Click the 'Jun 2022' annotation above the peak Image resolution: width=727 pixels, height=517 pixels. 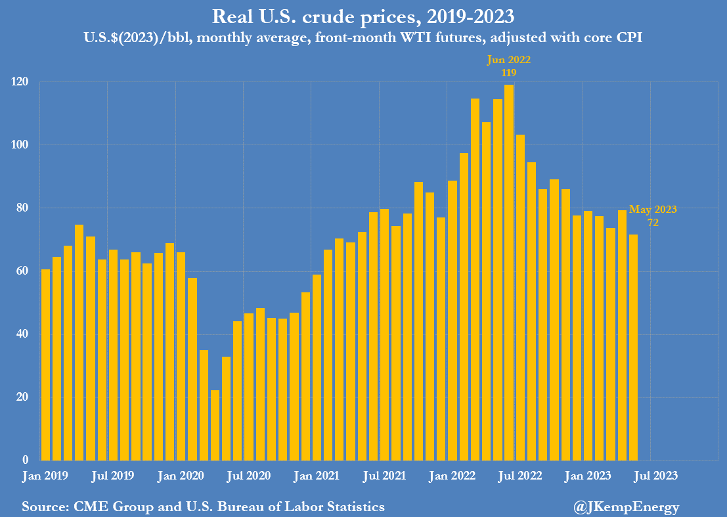[508, 60]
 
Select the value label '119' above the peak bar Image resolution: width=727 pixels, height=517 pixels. [508, 72]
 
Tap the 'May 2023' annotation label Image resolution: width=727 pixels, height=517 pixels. [653, 210]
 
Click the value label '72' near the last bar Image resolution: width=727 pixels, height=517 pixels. [653, 223]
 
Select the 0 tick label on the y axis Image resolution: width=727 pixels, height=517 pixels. [26, 461]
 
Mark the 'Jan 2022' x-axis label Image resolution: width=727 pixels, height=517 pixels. [452, 474]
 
